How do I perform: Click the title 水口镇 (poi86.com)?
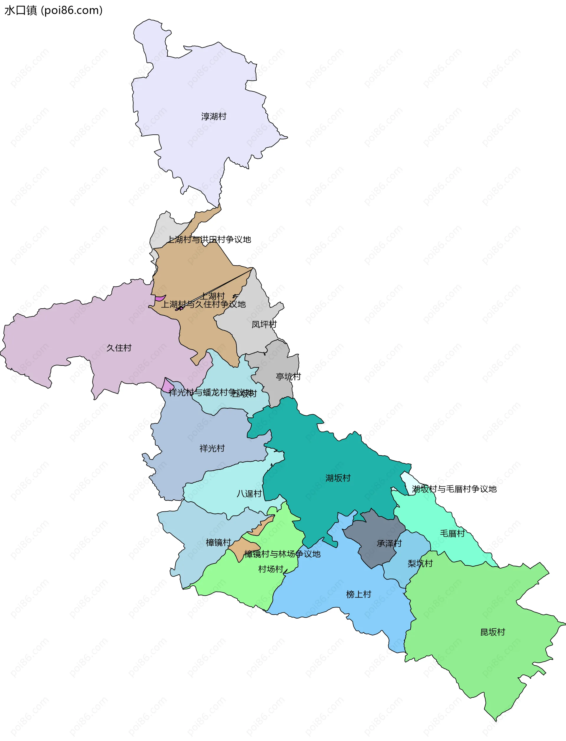coord(53,10)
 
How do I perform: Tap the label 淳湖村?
coord(214,116)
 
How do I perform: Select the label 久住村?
coord(119,348)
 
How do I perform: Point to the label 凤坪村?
coord(264,324)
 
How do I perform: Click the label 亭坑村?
coord(288,377)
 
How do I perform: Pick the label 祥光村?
coord(212,448)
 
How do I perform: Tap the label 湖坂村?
coord(338,478)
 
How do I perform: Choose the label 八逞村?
coord(249,494)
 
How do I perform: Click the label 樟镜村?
coord(218,543)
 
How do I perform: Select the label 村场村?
coord(271,569)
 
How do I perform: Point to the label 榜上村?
coord(358,595)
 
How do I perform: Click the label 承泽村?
coord(389,544)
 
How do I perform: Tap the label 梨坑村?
coord(420,564)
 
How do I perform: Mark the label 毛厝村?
coord(452,533)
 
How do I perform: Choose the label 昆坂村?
coord(493,632)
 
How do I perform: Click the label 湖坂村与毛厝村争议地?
coord(454,489)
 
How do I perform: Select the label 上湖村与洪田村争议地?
coord(209,239)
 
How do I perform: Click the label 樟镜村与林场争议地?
coord(282,554)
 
